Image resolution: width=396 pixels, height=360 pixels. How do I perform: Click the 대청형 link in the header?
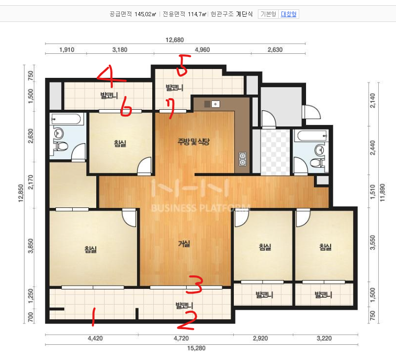click(288, 14)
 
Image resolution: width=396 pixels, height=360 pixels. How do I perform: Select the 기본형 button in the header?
click(268, 14)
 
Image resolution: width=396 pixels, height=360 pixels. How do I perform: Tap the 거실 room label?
click(184, 243)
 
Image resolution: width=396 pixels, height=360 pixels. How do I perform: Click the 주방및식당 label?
click(194, 142)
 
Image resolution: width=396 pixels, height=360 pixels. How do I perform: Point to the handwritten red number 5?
click(184, 66)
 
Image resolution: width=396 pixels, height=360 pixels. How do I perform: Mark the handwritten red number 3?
click(195, 285)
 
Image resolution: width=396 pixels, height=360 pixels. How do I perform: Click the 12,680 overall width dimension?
click(175, 40)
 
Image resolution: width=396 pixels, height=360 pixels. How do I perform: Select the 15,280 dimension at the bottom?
click(196, 348)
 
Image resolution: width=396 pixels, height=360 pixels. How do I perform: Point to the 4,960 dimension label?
click(202, 50)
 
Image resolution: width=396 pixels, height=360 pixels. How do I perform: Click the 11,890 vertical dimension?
click(382, 192)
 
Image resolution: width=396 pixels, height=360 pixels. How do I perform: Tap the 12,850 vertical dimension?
click(21, 193)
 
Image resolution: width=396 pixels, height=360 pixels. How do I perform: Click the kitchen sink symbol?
click(215, 104)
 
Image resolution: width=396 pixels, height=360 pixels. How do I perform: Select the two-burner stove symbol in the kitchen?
click(242, 159)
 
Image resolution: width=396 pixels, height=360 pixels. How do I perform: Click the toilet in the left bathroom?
click(61, 146)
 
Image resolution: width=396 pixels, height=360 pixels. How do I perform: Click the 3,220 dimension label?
click(324, 338)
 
